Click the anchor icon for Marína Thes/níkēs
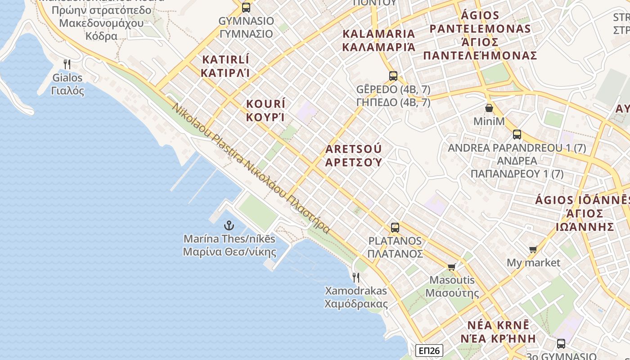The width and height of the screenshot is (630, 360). pyautogui.click(x=229, y=225)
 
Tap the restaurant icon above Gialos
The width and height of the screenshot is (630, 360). pyautogui.click(x=67, y=64)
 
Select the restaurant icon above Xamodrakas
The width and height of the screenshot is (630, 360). pyautogui.click(x=356, y=277)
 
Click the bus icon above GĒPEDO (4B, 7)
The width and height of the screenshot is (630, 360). pyautogui.click(x=393, y=76)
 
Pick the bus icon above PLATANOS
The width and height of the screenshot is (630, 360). pyautogui.click(x=395, y=228)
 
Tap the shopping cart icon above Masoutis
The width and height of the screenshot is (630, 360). pyautogui.click(x=452, y=267)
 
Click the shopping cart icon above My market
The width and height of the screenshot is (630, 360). pyautogui.click(x=533, y=249)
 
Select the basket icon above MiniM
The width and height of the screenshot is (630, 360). pyautogui.click(x=489, y=108)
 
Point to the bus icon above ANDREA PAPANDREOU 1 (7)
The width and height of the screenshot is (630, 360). pyautogui.click(x=517, y=134)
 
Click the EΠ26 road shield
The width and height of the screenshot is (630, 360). pyautogui.click(x=429, y=351)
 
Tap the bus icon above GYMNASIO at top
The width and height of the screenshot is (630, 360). pyautogui.click(x=246, y=8)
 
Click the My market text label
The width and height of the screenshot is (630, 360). pyautogui.click(x=533, y=262)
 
